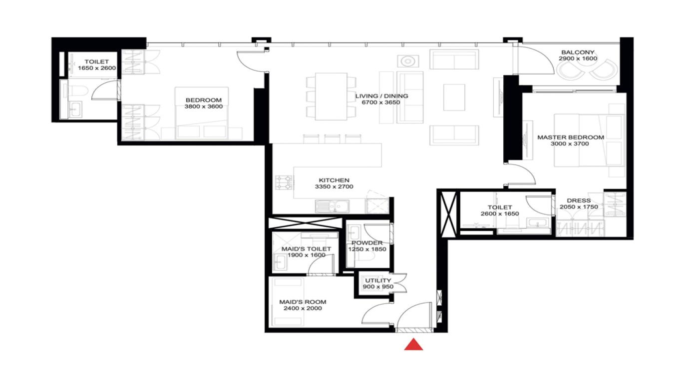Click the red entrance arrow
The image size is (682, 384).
[x=413, y=344]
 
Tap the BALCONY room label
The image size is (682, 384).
[x=578, y=52]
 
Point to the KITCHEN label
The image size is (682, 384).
[x=334, y=180]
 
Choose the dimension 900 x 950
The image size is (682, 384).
[x=377, y=287]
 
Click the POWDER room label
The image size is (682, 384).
[x=367, y=243]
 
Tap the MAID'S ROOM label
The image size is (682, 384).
[x=303, y=302]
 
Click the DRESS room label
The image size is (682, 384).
[x=579, y=200]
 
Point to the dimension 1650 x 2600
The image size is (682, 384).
[x=96, y=68]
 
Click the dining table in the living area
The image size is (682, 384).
[x=331, y=96]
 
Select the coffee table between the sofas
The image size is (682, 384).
[x=454, y=97]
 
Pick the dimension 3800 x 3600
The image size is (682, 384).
[x=203, y=106]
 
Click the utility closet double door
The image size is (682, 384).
[x=400, y=283]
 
